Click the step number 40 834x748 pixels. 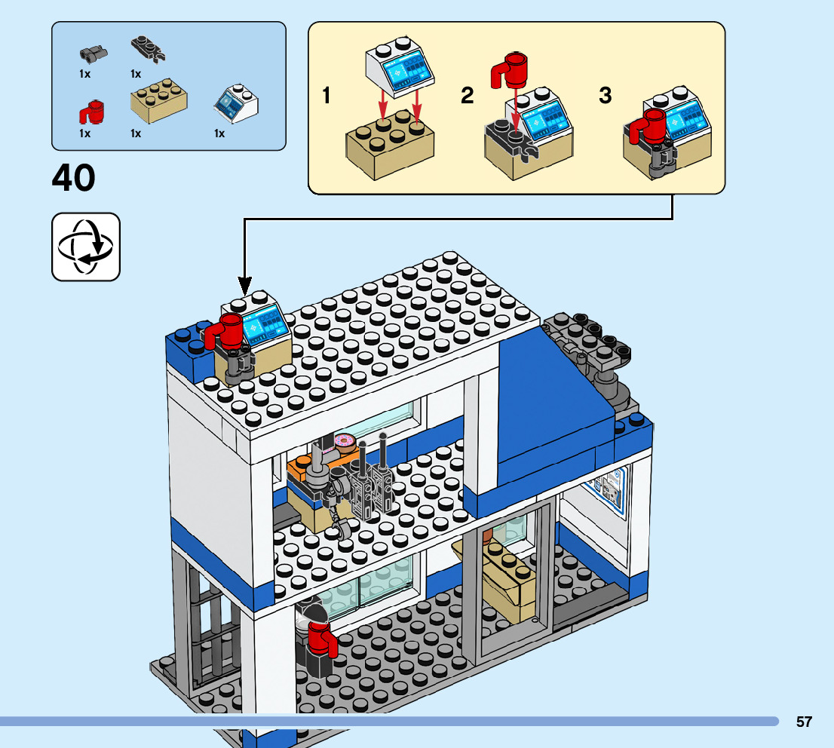74,179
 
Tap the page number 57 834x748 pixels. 804,722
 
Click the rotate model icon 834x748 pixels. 85,247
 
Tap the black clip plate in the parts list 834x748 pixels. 148,50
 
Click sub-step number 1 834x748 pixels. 327,97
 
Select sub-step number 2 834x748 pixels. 468,97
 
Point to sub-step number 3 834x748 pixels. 605,97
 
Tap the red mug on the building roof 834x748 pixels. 225,332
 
